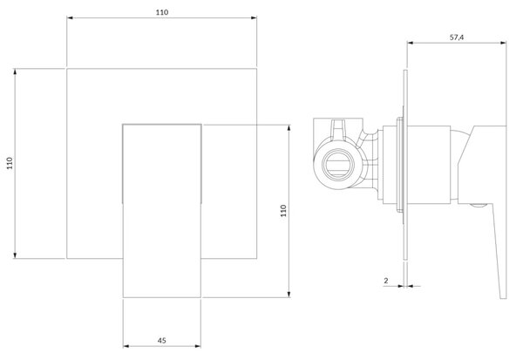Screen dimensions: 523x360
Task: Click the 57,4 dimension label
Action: click(457, 37)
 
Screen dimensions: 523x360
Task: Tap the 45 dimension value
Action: click(162, 340)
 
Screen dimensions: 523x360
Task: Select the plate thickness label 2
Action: click(386, 281)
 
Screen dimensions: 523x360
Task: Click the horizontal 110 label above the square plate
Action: click(162, 12)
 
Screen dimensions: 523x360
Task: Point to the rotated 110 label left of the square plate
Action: click(10, 163)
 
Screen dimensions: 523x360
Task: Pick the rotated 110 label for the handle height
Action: click(283, 211)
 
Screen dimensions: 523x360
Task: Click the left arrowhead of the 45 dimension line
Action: click(126, 346)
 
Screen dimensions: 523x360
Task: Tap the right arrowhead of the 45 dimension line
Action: click(198, 346)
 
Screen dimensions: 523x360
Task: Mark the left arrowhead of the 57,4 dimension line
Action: click(411, 43)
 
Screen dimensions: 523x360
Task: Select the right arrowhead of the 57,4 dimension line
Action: click(503, 43)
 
